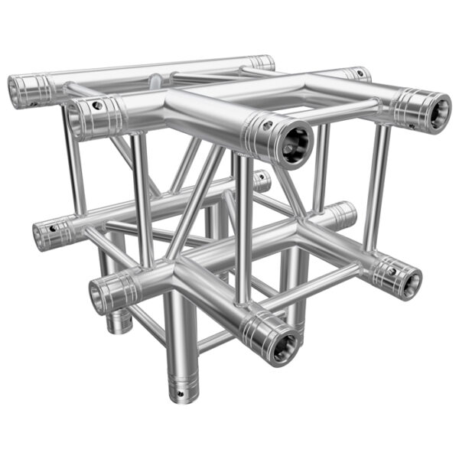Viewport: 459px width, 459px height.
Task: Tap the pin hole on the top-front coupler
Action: coord(267,120)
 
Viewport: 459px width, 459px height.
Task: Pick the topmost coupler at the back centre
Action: coord(262,63)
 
